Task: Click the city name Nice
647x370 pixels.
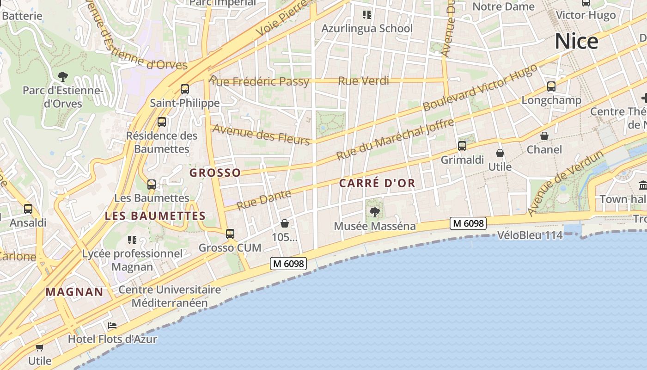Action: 576,41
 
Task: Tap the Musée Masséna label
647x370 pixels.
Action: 374,226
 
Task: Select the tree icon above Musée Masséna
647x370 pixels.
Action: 374,212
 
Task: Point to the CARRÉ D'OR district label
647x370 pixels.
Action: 377,183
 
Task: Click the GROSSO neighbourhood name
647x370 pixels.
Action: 215,173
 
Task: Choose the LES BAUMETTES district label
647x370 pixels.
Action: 155,216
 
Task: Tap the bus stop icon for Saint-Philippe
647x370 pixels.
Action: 185,89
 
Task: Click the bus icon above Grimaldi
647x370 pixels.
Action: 462,146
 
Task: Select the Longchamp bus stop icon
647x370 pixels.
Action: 551,86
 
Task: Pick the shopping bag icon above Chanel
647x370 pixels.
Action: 544,136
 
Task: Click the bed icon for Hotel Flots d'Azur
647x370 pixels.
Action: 112,326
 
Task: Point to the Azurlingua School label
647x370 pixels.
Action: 367,28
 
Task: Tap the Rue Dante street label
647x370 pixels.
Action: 264,199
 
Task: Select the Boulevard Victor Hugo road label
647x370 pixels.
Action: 481,87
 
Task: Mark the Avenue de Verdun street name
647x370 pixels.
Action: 566,183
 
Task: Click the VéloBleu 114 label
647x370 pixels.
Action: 530,235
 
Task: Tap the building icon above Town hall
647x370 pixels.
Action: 643,185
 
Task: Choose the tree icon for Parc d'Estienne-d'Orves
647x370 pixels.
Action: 62,76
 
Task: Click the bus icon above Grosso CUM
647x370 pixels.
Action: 230,234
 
